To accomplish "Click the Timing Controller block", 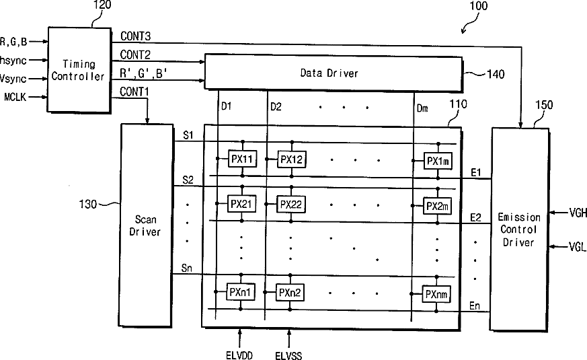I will (78, 69).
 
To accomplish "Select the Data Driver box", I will (334, 73).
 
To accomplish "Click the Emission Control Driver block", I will (518, 229).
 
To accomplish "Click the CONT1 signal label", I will (135, 91).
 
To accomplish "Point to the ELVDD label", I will (240, 351).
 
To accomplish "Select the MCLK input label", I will (15, 98).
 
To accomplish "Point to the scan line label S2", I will (188, 180).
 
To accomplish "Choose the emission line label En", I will (475, 305).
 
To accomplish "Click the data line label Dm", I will (422, 107).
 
